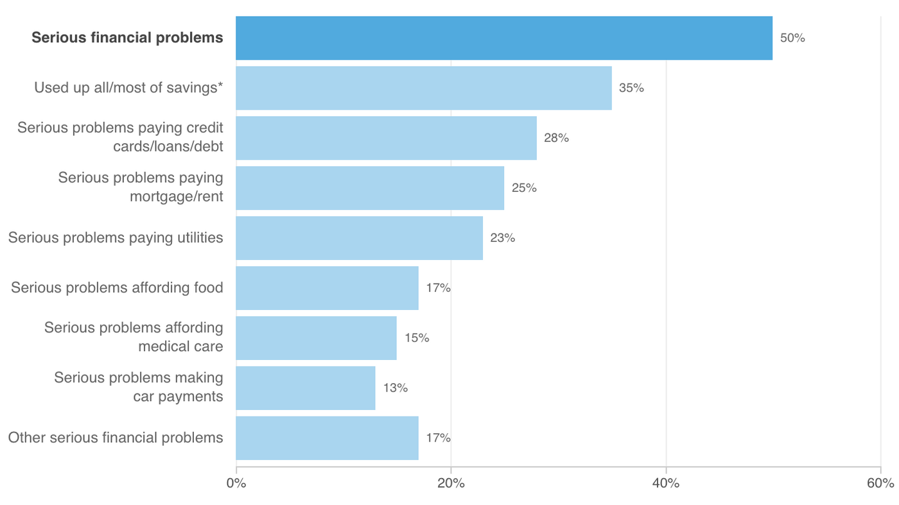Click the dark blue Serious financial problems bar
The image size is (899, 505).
pyautogui.click(x=503, y=38)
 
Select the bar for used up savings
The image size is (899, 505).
pyautogui.click(x=423, y=88)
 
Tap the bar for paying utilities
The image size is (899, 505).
pyautogui.click(x=359, y=238)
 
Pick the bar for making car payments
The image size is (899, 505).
pyautogui.click(x=305, y=388)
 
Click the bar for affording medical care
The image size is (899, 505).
pyautogui.click(x=316, y=338)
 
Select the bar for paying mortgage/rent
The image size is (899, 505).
pyautogui.click(x=369, y=188)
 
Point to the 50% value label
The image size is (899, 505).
pyautogui.click(x=792, y=38)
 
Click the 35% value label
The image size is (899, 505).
pyautogui.click(x=631, y=88)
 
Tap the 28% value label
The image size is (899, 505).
pyautogui.click(x=556, y=138)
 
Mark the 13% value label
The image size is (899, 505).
pyautogui.click(x=395, y=388)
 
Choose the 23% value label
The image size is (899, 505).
pyautogui.click(x=502, y=238)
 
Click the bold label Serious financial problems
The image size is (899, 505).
pyautogui.click(x=127, y=38)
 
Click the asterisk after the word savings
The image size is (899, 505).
pyautogui.click(x=220, y=86)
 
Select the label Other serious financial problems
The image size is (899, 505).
pyautogui.click(x=116, y=438)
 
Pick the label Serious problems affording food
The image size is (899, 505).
pyautogui.click(x=117, y=288)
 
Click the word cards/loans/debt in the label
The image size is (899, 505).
pyautogui.click(x=168, y=146)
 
